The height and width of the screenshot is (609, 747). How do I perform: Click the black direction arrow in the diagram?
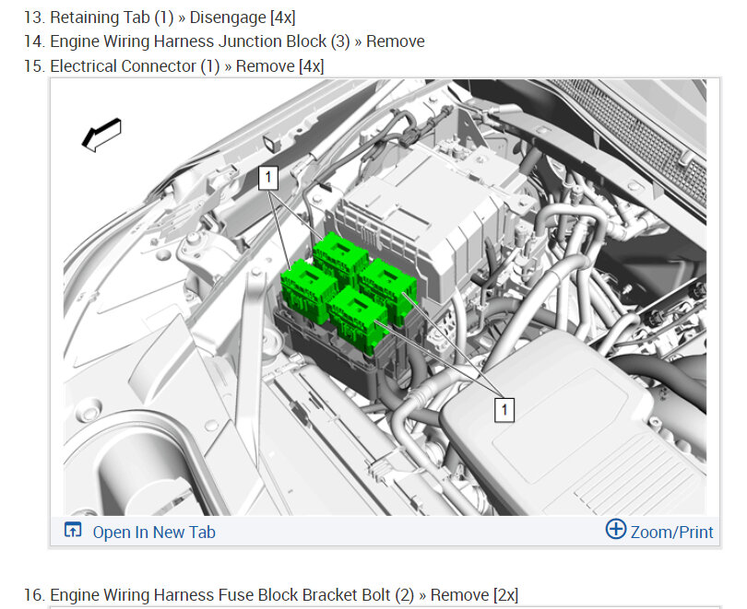click(x=102, y=135)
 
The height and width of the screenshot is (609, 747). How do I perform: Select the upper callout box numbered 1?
click(x=268, y=178)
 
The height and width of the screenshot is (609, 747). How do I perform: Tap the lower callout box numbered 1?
click(x=504, y=410)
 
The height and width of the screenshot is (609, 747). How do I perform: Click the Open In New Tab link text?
click(x=154, y=532)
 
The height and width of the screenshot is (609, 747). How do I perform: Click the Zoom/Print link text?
click(x=671, y=532)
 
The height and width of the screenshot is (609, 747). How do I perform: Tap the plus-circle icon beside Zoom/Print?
click(x=616, y=529)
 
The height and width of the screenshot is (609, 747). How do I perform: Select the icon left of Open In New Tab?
click(x=73, y=530)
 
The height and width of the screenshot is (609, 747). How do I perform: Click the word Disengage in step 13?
click(x=228, y=18)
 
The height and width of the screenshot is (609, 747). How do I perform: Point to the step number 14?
click(x=34, y=41)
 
